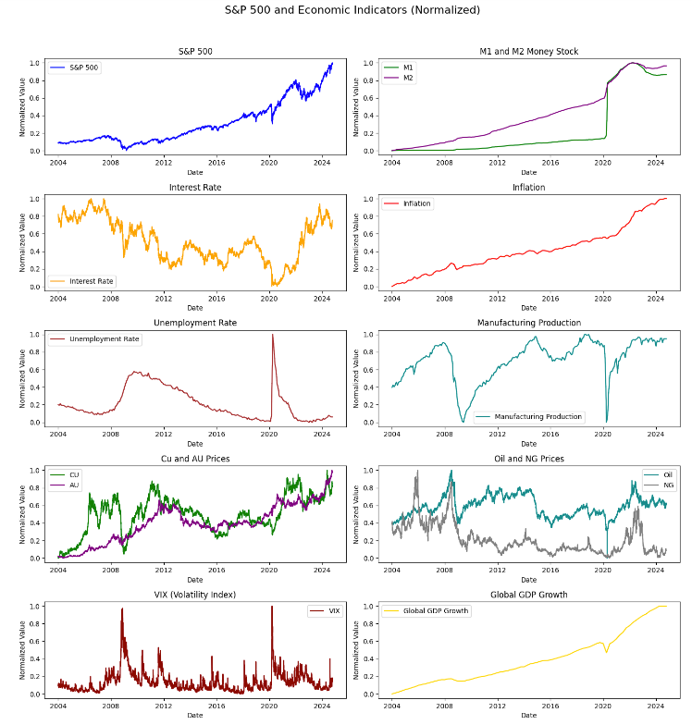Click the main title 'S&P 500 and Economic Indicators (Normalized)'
(352, 10)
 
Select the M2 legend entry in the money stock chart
(408, 79)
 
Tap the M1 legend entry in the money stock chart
(408, 68)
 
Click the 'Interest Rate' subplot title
(194, 188)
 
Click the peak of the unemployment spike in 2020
(272, 335)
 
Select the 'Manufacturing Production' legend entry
(538, 417)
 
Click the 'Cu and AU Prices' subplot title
(194, 459)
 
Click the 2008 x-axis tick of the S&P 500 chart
(111, 163)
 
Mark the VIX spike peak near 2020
(272, 607)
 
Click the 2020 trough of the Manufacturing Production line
(606, 422)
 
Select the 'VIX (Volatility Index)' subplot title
(194, 595)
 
